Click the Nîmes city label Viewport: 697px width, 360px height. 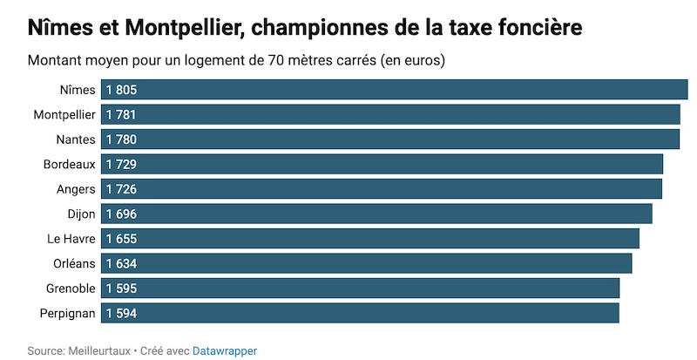(x=78, y=90)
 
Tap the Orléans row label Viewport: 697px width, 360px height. (x=72, y=263)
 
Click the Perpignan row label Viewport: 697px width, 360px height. (x=67, y=313)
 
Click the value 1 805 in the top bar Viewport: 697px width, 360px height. (x=121, y=90)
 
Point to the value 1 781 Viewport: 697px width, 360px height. (x=121, y=115)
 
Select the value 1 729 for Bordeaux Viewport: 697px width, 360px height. (x=121, y=164)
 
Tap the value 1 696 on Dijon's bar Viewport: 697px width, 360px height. (x=121, y=214)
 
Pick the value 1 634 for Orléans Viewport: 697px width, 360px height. (x=121, y=263)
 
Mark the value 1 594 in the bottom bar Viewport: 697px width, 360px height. (x=121, y=313)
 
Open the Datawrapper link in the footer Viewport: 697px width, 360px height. (x=225, y=350)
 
